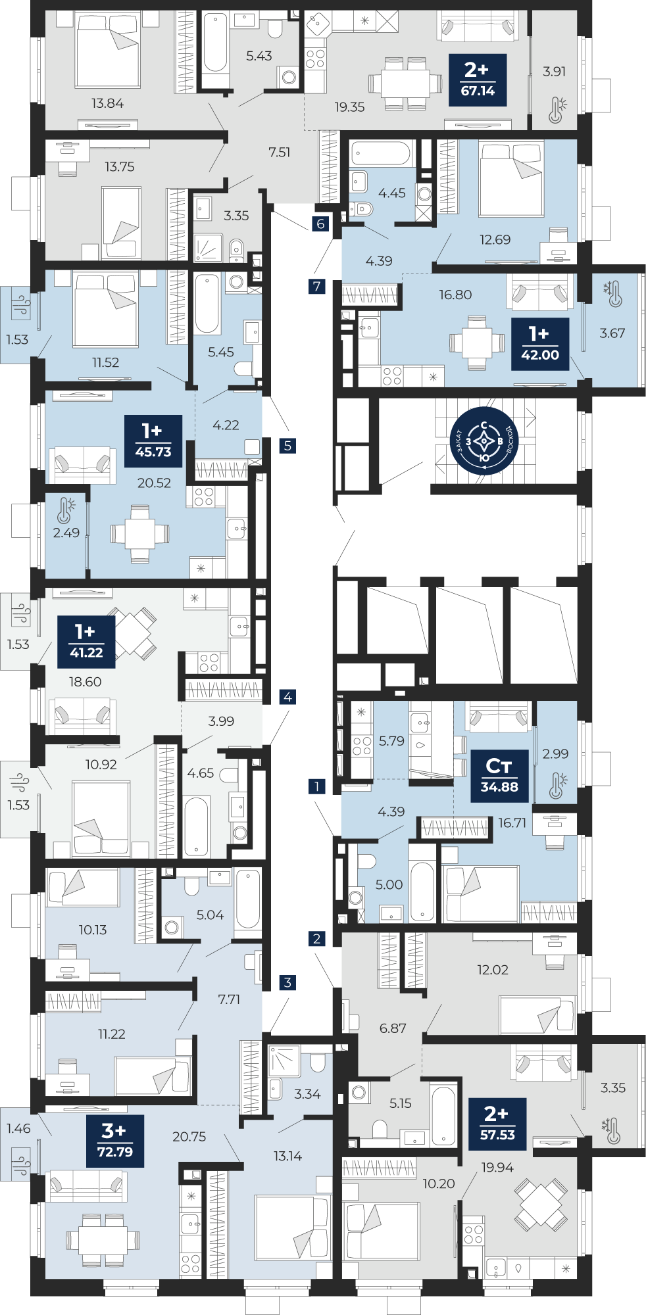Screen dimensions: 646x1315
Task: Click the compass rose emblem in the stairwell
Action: pyautogui.click(x=484, y=441)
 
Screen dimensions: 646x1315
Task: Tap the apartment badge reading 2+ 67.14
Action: pyautogui.click(x=478, y=80)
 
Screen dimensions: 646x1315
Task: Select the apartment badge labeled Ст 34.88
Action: pyautogui.click(x=499, y=776)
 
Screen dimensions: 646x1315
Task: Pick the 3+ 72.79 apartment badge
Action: pyautogui.click(x=115, y=1141)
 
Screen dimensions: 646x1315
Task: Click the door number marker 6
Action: pyautogui.click(x=320, y=224)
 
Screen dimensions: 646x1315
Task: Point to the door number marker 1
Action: pyautogui.click(x=317, y=786)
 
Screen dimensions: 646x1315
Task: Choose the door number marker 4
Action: pyautogui.click(x=287, y=697)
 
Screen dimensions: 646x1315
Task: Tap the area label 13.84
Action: pyautogui.click(x=107, y=103)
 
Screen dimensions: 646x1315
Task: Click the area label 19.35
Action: pyautogui.click(x=349, y=107)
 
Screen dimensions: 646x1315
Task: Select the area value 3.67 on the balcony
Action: pyautogui.click(x=612, y=333)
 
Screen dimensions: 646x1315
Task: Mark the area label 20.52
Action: pyautogui.click(x=154, y=483)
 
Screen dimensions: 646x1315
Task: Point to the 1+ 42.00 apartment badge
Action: pyautogui.click(x=540, y=345)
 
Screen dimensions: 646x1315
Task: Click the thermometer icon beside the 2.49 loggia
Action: pyautogui.click(x=66, y=510)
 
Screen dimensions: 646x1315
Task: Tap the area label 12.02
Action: pyautogui.click(x=493, y=970)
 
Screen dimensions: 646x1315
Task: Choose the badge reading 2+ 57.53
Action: pyautogui.click(x=497, y=1124)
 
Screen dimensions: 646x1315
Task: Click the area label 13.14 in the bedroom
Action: pyautogui.click(x=287, y=1156)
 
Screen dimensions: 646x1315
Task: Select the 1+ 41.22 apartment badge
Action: pyautogui.click(x=86, y=642)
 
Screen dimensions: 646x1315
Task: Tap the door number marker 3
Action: pyautogui.click(x=287, y=982)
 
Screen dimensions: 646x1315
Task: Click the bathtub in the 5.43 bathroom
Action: pyautogui.click(x=215, y=43)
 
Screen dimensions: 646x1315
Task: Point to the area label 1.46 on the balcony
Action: pyautogui.click(x=18, y=1128)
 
